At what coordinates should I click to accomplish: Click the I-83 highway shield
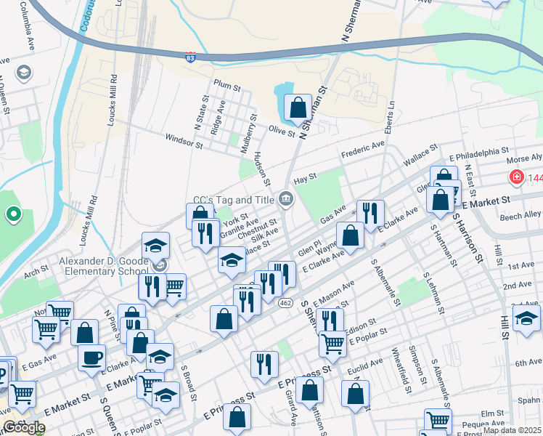[x=189, y=57]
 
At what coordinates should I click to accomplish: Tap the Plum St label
[x=226, y=86]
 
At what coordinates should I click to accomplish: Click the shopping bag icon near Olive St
[x=298, y=108]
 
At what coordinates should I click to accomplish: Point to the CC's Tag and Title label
[x=234, y=200]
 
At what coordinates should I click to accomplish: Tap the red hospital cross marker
[x=516, y=177]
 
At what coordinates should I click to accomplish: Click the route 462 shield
[x=287, y=302]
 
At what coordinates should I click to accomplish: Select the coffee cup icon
[x=92, y=357]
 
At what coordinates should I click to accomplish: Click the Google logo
[x=23, y=427]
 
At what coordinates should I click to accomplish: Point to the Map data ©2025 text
[x=512, y=430]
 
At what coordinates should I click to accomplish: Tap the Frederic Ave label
[x=362, y=150]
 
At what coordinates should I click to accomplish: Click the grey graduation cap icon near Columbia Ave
[x=24, y=72]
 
